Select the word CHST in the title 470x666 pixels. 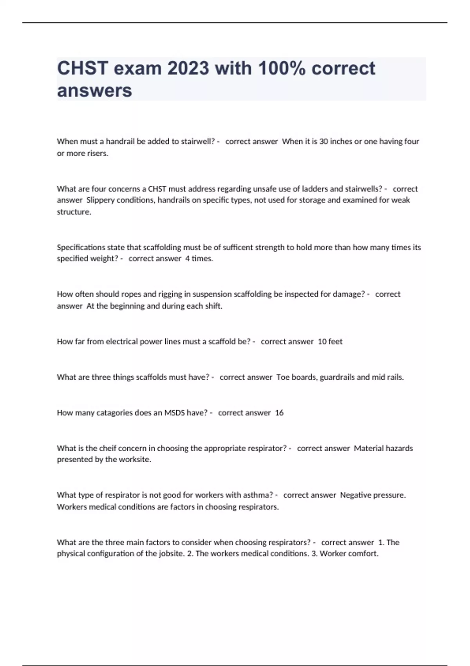(x=82, y=69)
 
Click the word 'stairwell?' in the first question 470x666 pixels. (x=198, y=141)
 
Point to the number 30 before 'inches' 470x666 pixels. (x=324, y=141)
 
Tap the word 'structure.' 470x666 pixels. (x=74, y=212)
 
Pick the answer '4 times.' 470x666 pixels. (x=199, y=259)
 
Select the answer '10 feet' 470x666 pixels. (x=330, y=342)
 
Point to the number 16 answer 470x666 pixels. (x=279, y=413)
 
